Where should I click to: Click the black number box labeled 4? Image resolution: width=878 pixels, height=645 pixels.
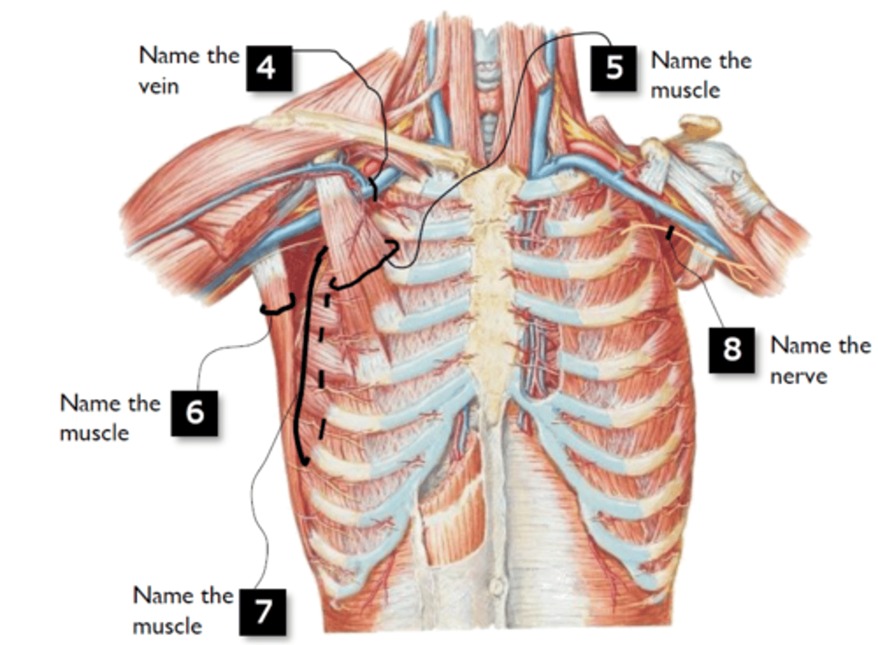[269, 69]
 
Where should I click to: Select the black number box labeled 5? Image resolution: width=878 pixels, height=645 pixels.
[613, 69]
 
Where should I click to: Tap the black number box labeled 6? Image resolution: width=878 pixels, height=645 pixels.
[195, 413]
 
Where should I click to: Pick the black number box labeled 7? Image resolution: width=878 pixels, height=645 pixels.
[263, 612]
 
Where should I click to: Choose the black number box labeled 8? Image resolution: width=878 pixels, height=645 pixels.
[732, 350]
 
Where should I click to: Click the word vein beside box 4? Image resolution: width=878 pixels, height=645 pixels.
[159, 86]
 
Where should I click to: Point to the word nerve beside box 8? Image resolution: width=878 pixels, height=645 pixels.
[799, 376]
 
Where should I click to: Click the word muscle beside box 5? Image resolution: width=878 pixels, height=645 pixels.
[685, 91]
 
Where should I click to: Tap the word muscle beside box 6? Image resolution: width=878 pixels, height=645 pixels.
[95, 433]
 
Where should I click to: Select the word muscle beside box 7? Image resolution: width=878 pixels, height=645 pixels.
[168, 626]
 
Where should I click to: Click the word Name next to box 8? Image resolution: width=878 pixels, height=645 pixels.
[795, 345]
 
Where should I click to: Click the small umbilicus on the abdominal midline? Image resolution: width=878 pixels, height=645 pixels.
[496, 587]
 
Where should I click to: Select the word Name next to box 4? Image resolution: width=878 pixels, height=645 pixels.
[164, 55]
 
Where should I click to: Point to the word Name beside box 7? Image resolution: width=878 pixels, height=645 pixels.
[158, 596]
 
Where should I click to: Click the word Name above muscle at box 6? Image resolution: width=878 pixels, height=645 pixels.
[85, 403]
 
